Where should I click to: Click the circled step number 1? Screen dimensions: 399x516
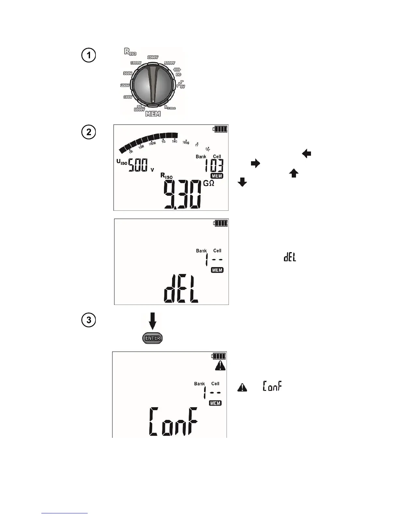[x=88, y=55]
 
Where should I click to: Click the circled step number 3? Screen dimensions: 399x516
[x=89, y=320]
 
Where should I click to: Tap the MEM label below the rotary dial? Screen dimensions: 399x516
[x=153, y=114]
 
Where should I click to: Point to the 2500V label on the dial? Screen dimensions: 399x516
[x=153, y=57]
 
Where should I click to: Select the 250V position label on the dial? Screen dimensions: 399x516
[x=125, y=85]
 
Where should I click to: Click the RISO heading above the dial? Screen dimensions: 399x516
[x=130, y=51]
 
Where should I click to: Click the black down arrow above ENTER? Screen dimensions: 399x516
[x=152, y=321]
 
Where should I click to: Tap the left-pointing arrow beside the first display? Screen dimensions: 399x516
[x=307, y=153]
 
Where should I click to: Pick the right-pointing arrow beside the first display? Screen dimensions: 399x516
[x=255, y=164]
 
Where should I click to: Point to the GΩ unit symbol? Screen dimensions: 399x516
[x=209, y=183]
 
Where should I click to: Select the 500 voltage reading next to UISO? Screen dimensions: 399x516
[x=138, y=165]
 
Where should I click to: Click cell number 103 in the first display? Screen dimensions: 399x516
[x=214, y=166]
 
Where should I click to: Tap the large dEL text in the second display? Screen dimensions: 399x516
[x=181, y=290]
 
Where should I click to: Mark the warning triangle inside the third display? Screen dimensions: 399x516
[x=220, y=366]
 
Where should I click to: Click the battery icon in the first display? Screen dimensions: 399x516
[x=220, y=129]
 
